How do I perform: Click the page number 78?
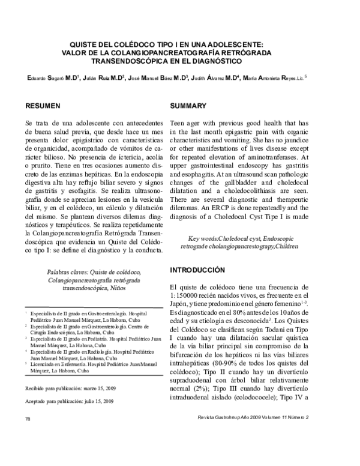coord(28,451)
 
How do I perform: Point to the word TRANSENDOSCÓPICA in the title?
coord(129,61)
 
